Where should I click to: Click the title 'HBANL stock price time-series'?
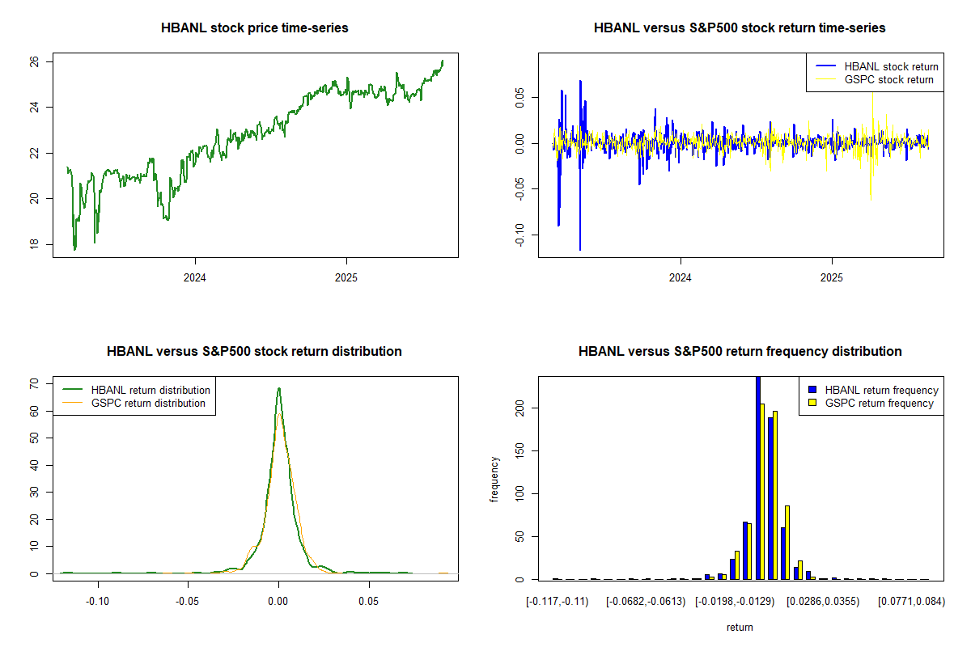(x=255, y=28)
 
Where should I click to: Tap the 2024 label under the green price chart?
(x=195, y=277)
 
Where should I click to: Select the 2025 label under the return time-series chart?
(x=832, y=277)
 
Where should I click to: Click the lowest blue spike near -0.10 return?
(x=580, y=249)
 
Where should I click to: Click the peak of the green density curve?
(x=279, y=388)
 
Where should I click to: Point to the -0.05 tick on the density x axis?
(x=188, y=602)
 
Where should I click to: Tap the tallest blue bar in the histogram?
(x=758, y=477)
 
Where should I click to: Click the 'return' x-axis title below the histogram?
(x=740, y=627)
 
